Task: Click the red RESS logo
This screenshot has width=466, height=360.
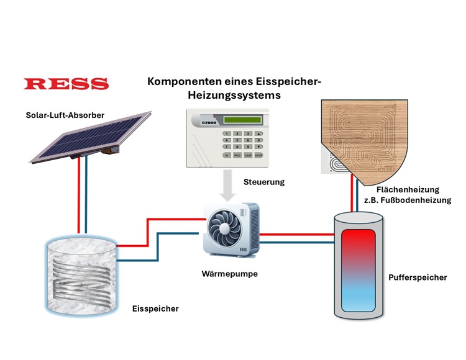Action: [65, 84]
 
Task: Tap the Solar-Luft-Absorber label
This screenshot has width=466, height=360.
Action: [65, 115]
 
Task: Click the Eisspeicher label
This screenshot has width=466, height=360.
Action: [156, 308]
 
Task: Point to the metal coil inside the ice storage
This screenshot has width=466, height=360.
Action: [83, 279]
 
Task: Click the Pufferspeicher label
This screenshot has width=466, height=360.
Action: [416, 277]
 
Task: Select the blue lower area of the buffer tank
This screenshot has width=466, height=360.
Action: [362, 295]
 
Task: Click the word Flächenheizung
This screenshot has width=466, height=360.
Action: [408, 189]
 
